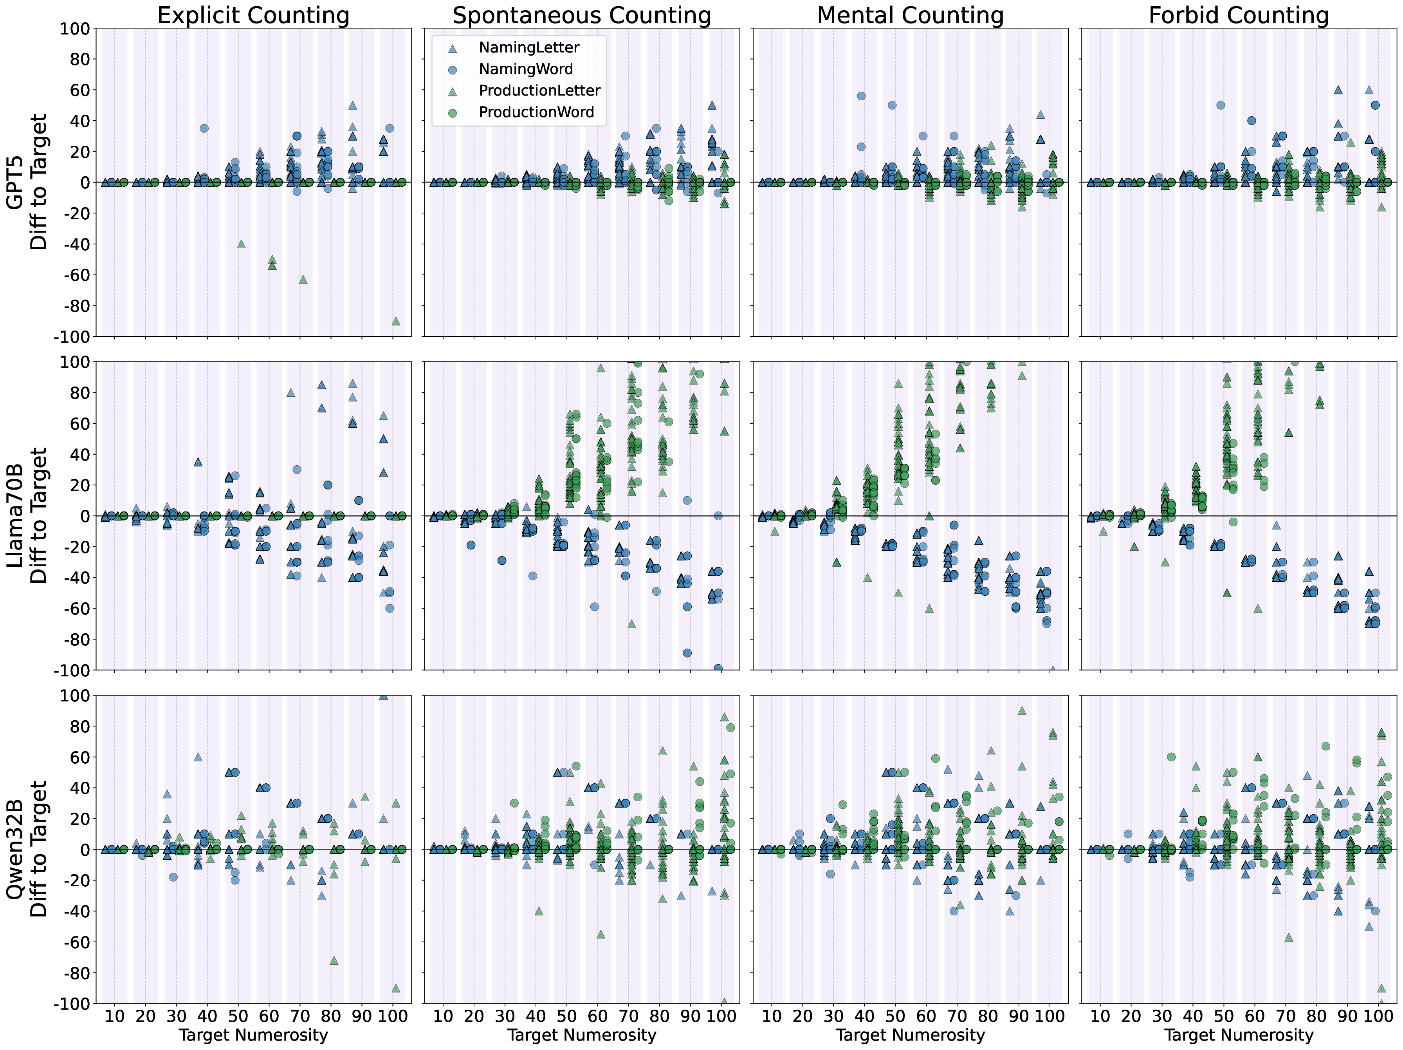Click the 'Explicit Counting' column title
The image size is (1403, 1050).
[x=253, y=15]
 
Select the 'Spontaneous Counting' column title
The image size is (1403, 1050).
[x=582, y=15]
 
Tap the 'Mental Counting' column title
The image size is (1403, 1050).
[x=910, y=15]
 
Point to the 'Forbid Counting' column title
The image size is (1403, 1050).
[x=1239, y=15]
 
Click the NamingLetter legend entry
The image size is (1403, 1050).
[x=529, y=47]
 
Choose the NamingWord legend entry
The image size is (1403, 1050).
[x=526, y=69]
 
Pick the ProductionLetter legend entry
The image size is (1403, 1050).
[x=539, y=91]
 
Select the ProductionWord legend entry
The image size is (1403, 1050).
[x=536, y=112]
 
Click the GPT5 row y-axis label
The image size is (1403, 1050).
[x=27, y=182]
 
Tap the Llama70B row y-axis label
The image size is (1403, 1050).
[x=27, y=515]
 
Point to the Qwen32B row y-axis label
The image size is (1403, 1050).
[x=27, y=849]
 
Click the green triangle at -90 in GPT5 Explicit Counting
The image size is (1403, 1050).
[x=396, y=321]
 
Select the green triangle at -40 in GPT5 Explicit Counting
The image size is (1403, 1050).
[x=241, y=244]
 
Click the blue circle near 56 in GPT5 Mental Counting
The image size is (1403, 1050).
[x=861, y=96]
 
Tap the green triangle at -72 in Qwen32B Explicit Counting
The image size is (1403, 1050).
[x=334, y=960]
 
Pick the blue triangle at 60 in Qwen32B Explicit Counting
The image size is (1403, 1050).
[x=198, y=757]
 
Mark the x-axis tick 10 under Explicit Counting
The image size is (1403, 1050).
[x=115, y=1016]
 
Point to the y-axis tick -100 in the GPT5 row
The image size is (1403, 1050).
[x=73, y=337]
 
